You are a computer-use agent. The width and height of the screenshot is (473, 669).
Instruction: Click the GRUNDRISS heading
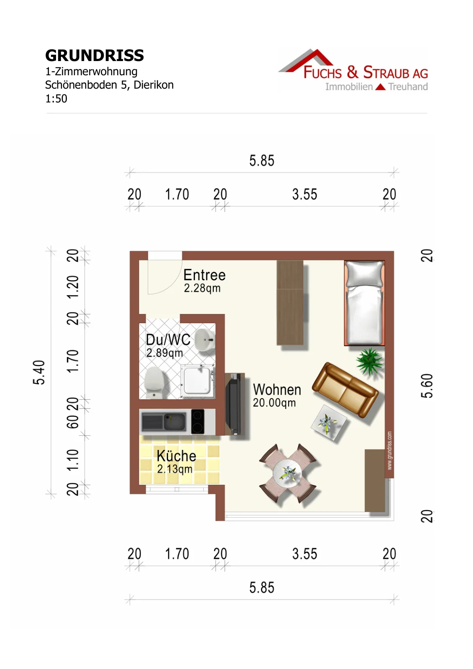point(95,56)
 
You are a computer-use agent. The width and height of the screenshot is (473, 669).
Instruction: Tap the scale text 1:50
point(56,99)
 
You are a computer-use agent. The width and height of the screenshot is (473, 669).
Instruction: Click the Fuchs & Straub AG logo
point(353,71)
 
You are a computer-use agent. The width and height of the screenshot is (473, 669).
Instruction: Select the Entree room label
point(205,275)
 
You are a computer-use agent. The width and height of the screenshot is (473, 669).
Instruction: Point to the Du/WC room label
point(168,340)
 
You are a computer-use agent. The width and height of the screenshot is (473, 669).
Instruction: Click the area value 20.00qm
point(274,403)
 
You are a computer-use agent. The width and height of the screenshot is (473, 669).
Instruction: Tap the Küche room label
point(176,456)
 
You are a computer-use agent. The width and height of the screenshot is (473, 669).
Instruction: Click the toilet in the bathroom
point(154,383)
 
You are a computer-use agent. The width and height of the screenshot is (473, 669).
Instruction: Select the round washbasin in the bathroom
point(205,340)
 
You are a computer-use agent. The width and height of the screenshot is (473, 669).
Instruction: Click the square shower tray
point(197,381)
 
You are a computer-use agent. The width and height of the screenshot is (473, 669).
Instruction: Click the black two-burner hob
point(197,421)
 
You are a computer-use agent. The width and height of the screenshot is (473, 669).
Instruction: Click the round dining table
point(287,473)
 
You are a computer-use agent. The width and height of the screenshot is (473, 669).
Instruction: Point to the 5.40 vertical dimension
point(39,373)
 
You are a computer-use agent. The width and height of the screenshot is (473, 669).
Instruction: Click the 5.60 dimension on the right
point(427,386)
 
